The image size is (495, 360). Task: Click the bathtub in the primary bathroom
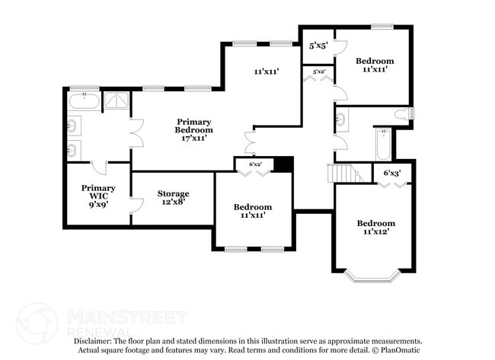(83, 100)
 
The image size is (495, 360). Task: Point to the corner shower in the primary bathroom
(117, 100)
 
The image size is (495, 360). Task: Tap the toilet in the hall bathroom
(403, 114)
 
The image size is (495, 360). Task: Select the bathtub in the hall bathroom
(382, 144)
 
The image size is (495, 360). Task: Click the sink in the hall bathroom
(340, 119)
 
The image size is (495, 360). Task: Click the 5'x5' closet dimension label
(318, 46)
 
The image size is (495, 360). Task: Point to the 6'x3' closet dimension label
(392, 174)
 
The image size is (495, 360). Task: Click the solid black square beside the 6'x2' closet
(283, 164)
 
